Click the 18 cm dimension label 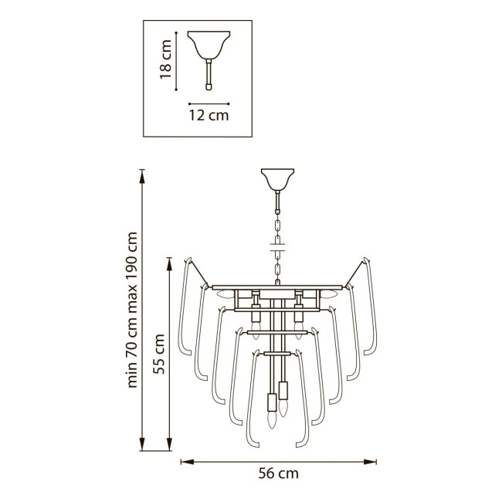point(166,59)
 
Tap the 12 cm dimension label point(209,115)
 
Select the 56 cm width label point(278,473)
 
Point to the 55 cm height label point(159,354)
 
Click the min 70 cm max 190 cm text point(132,310)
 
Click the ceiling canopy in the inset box point(209,45)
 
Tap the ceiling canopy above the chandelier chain point(277,180)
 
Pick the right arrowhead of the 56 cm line point(370,462)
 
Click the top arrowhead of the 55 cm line point(170,263)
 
